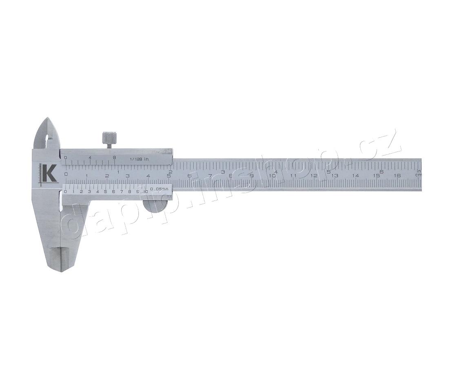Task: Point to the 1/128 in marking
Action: tap(139, 159)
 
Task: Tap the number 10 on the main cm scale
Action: tap(272, 176)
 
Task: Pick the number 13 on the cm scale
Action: tap(335, 176)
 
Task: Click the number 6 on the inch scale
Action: tap(381, 171)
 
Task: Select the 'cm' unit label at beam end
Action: tap(418, 175)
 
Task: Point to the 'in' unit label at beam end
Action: tap(419, 171)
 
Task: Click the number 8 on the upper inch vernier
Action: tap(114, 158)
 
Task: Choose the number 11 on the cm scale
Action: tap(293, 176)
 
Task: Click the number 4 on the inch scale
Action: tap(276, 171)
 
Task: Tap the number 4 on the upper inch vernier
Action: tap(90, 158)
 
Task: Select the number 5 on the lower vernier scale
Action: tap(105, 191)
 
